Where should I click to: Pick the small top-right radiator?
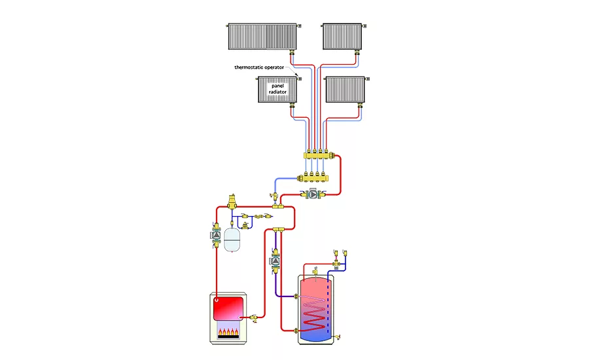(x=342, y=37)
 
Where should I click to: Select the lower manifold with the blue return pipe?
(x=312, y=177)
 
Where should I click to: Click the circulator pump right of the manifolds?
(x=313, y=194)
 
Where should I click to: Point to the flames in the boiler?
(x=228, y=333)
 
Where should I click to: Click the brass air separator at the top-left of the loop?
(x=231, y=200)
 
